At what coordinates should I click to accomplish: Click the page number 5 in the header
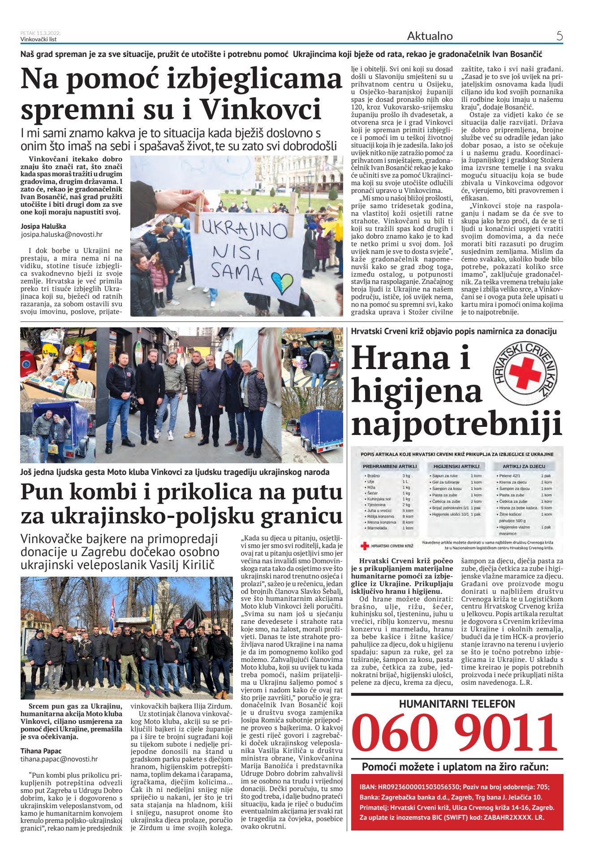click(x=559, y=36)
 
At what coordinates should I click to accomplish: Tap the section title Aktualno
click(x=430, y=36)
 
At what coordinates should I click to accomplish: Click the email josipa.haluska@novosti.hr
click(x=61, y=235)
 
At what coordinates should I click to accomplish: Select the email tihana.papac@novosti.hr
click(x=59, y=759)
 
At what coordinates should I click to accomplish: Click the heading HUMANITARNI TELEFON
click(x=457, y=704)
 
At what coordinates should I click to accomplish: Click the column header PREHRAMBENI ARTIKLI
click(x=389, y=466)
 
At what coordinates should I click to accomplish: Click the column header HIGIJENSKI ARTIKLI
click(x=456, y=466)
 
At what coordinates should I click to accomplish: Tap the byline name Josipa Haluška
click(x=43, y=226)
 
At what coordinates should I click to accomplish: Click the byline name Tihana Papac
click(x=41, y=751)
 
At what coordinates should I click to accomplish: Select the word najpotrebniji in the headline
click(x=456, y=423)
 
